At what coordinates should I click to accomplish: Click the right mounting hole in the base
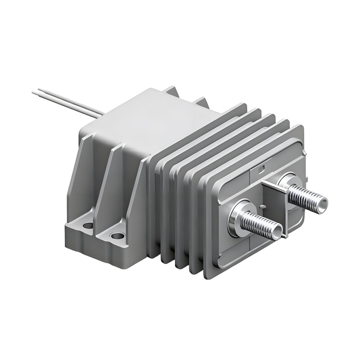click(117, 235)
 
